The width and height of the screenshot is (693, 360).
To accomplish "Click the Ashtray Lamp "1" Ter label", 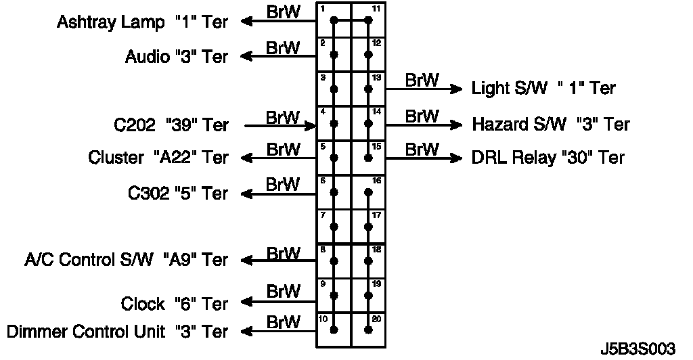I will (142, 22).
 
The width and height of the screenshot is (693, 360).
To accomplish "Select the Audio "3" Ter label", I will (177, 57).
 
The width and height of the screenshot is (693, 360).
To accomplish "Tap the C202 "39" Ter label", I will (171, 125).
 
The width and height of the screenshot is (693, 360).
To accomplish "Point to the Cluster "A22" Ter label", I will (158, 158).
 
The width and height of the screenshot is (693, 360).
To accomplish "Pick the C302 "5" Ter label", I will (178, 194).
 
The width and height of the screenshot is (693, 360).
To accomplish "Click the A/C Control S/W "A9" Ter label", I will (126, 260).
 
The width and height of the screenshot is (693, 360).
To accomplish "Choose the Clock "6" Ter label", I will (175, 304).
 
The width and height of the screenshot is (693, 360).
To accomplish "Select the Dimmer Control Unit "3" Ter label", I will (117, 332).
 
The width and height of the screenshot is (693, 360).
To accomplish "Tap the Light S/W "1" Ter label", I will (543, 88).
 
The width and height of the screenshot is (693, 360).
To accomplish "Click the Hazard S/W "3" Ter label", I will (551, 125).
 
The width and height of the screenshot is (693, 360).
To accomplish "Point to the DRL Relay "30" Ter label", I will (547, 158).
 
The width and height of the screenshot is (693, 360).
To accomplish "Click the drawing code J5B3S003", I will (638, 349).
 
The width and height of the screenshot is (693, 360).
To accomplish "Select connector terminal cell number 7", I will (334, 226).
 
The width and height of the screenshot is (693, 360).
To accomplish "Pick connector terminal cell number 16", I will (369, 192).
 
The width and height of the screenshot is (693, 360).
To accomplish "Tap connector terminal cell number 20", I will (369, 330).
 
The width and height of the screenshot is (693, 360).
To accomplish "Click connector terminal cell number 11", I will (369, 20).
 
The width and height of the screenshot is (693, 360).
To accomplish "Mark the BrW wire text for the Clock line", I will (283, 292).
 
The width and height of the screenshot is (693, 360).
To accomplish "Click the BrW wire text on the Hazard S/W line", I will (422, 116).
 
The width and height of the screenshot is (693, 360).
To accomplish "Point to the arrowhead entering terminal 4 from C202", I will (312, 125).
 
